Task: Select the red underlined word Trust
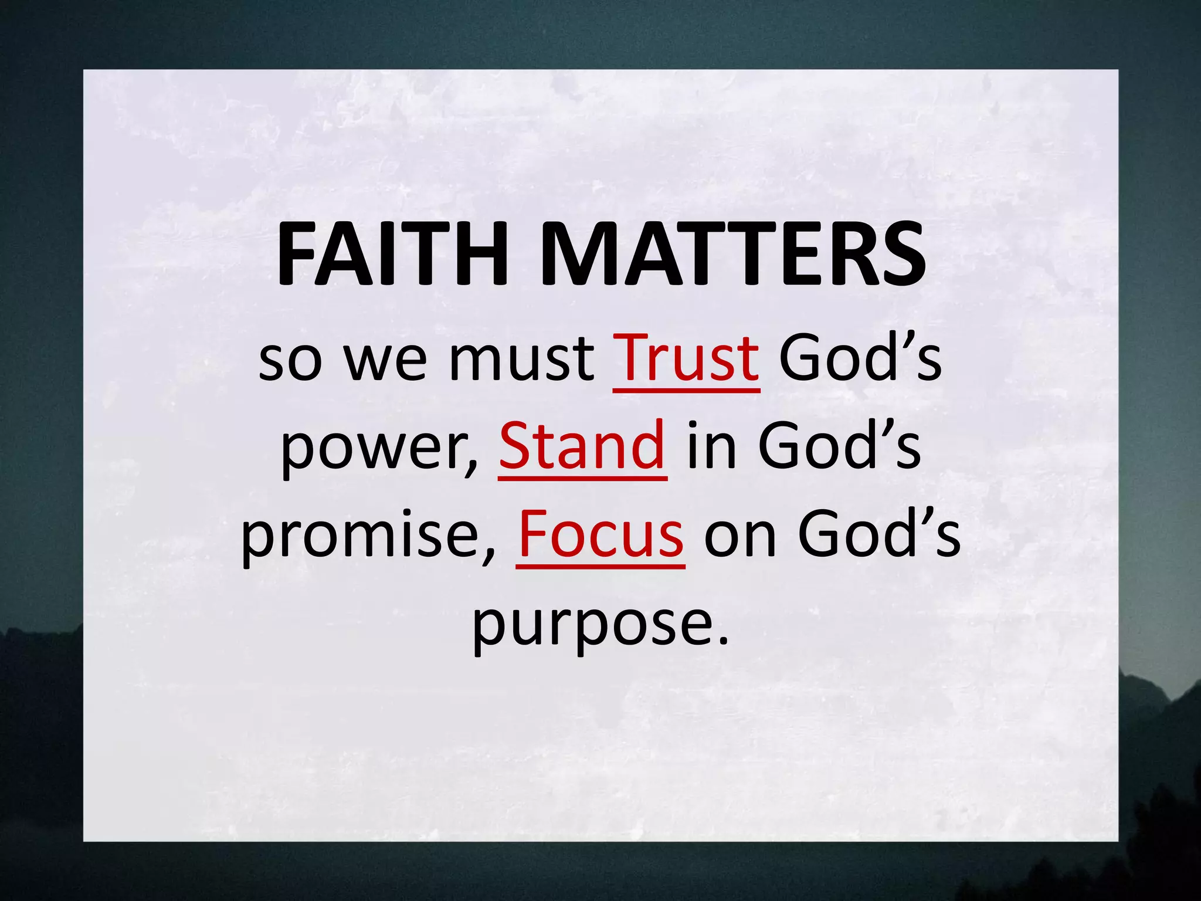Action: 686,358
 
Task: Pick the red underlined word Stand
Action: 582,446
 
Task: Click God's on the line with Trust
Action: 860,358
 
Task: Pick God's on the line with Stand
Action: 839,446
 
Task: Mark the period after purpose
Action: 722,639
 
